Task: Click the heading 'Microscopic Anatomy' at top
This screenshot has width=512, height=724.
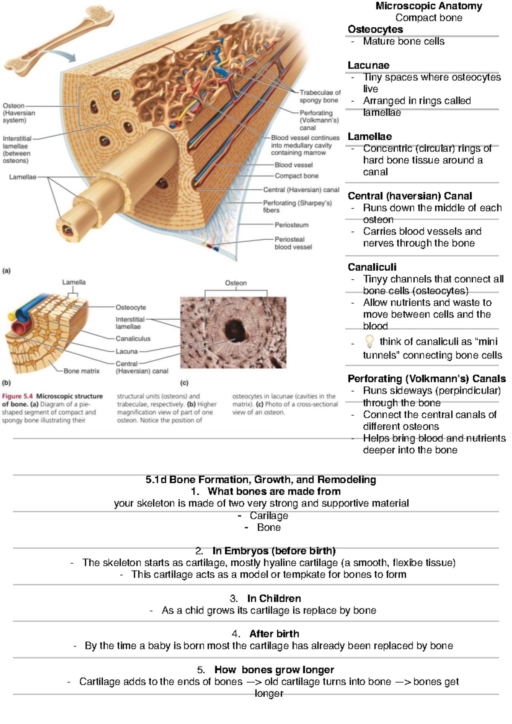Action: [428, 6]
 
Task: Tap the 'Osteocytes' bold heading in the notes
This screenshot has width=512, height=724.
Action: [375, 29]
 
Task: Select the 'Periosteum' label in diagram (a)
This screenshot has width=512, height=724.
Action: [291, 225]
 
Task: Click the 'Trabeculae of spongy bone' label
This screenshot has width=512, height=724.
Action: [320, 96]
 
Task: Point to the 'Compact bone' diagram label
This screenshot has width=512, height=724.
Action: [296, 176]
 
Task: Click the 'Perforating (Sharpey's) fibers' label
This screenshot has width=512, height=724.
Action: [297, 206]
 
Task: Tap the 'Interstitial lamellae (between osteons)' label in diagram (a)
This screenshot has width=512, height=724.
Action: [17, 150]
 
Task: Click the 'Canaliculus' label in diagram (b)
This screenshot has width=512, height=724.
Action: [133, 339]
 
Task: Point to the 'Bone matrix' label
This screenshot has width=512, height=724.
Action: [81, 371]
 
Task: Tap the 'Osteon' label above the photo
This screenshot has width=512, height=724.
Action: [236, 283]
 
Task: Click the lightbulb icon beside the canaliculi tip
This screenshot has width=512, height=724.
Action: [369, 341]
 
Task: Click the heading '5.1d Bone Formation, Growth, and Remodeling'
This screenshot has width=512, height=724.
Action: [261, 480]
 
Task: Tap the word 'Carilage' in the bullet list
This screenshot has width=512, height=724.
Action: [269, 515]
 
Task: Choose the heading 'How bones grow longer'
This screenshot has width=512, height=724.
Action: [274, 669]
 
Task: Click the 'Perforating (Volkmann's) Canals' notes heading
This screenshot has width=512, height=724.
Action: [426, 379]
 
